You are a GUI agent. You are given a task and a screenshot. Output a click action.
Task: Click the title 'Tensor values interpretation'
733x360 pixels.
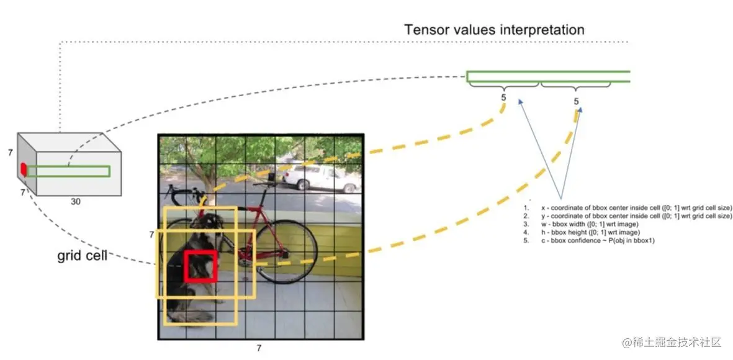tap(494, 30)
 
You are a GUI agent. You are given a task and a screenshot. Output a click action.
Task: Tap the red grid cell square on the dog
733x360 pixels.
tap(200, 266)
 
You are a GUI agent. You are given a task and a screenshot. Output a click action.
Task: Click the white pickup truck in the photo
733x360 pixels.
tap(321, 178)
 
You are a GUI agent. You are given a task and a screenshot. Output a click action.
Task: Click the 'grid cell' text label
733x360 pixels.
tap(83, 256)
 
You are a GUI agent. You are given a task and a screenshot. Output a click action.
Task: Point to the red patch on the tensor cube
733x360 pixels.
tap(22, 169)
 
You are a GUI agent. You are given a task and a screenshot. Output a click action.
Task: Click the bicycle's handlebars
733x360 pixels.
tap(183, 192)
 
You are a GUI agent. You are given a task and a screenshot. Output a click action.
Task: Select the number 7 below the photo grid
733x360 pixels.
tap(259, 348)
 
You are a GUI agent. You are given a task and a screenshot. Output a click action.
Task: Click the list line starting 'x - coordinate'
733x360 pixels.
tap(628, 208)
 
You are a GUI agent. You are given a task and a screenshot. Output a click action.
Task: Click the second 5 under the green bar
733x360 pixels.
tap(576, 101)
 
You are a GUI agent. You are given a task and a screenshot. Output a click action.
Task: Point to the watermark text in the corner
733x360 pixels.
tap(672, 342)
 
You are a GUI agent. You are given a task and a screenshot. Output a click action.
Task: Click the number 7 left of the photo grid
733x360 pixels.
tap(151, 235)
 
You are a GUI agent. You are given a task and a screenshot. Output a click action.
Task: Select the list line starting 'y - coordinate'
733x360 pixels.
tap(628, 216)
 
